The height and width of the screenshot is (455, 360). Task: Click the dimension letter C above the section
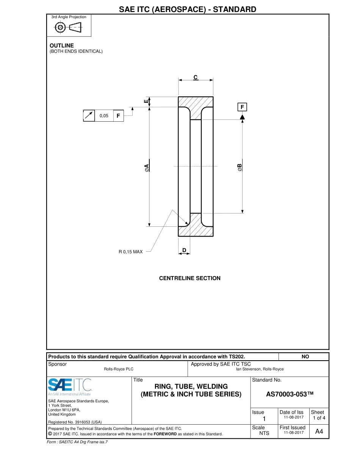(x=196, y=77)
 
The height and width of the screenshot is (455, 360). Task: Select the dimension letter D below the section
(x=184, y=250)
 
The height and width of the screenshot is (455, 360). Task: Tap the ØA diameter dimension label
(x=147, y=167)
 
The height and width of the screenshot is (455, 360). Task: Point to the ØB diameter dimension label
(x=239, y=167)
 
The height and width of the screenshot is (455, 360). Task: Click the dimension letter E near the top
(x=146, y=102)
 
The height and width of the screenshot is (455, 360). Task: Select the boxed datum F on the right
(x=242, y=107)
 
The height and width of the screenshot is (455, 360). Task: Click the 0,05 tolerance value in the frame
(x=104, y=116)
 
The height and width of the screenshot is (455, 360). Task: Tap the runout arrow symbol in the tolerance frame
(x=89, y=116)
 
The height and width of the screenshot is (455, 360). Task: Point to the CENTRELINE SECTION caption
(x=189, y=278)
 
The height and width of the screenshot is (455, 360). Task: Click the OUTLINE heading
(x=62, y=45)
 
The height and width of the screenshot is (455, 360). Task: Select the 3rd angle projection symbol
(x=69, y=28)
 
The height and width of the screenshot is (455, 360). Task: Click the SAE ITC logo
(x=70, y=386)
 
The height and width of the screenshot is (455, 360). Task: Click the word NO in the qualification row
(x=305, y=357)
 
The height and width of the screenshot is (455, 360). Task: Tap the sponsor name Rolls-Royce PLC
(x=119, y=369)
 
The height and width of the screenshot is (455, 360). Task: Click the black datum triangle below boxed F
(x=242, y=117)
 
